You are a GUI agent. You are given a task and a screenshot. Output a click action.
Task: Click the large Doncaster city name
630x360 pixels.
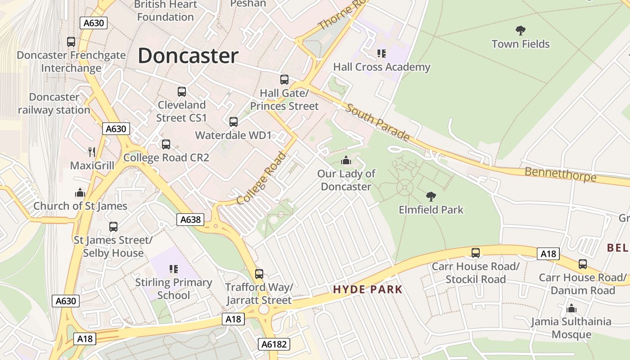coord(188,56)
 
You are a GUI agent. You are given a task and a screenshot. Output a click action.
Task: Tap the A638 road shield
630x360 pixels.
coord(190,220)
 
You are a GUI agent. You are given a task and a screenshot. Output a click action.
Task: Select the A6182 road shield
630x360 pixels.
coord(274,345)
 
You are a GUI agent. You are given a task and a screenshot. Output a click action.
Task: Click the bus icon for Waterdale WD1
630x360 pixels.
coord(234,122)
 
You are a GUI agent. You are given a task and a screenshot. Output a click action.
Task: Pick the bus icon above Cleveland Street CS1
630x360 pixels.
coord(182,92)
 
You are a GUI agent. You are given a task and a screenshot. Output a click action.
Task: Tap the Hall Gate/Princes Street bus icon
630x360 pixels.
coord(284,80)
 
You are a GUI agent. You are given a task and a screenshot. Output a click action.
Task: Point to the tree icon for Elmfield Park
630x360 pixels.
coord(431,196)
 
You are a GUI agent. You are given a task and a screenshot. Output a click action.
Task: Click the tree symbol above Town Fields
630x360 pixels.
coord(521,31)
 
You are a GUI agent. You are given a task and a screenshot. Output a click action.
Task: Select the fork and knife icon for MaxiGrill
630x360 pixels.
coord(92,152)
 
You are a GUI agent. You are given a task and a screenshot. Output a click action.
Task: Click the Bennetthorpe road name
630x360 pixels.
coord(560,174)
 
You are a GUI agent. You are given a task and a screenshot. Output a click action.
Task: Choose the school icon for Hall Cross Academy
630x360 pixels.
coord(382,54)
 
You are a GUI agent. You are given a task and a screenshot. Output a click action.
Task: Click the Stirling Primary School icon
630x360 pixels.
coord(174,269)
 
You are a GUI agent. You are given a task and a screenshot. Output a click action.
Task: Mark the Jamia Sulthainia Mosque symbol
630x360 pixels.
coord(571,308)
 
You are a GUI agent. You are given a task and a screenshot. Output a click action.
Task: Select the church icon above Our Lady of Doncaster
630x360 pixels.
coord(346,160)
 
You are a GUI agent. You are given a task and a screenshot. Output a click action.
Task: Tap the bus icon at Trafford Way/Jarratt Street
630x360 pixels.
coord(259,274)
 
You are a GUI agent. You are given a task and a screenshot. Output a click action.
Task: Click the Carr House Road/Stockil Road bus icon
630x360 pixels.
coord(476,253)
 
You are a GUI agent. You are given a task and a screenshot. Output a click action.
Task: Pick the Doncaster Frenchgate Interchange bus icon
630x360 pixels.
coord(71,42)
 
